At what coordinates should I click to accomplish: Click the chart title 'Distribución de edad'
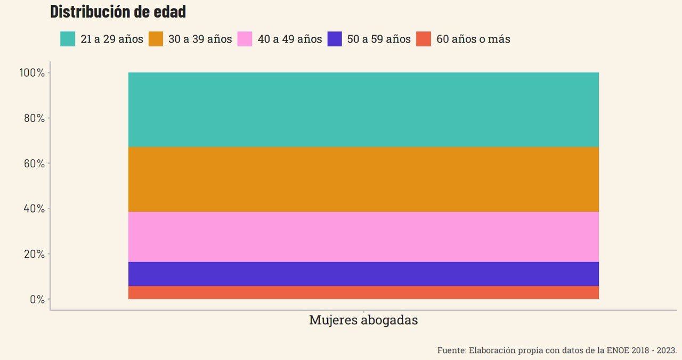118,12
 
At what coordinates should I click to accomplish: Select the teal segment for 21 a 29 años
363,109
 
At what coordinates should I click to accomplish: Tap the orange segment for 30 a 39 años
363,179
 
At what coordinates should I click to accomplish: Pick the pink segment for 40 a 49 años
363,236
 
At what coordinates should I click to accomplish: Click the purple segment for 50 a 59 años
363,274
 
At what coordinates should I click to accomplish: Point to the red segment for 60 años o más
363,292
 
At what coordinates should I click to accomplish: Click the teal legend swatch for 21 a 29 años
68,39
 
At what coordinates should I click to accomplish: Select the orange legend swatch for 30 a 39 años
156,39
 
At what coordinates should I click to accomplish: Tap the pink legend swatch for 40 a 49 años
245,39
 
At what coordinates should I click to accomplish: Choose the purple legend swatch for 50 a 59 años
335,39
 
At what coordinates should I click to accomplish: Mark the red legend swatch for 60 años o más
424,39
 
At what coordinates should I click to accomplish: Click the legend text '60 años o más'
473,39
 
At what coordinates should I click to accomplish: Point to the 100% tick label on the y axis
32,72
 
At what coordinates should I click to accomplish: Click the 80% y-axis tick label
34,118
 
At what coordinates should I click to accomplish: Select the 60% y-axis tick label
34,163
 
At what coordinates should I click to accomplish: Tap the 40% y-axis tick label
34,208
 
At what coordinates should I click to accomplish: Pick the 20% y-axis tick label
34,253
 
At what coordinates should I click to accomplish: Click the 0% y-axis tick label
37,299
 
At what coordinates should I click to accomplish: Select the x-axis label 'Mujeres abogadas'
363,320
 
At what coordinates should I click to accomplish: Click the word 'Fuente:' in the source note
452,350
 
